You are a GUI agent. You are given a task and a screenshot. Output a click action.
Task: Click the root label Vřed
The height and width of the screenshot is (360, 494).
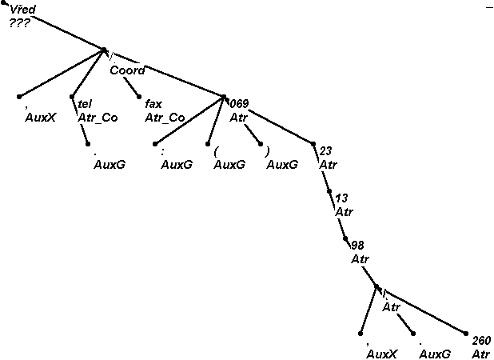coord(23,9)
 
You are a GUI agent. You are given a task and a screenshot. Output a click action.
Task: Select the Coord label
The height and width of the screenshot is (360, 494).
coord(127,70)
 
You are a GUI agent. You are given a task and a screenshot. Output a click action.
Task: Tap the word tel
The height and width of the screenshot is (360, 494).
coord(84,103)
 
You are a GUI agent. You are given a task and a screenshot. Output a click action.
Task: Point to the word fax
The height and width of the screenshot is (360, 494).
coord(153,103)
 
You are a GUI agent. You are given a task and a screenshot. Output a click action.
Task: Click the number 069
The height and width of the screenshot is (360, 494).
coord(240,103)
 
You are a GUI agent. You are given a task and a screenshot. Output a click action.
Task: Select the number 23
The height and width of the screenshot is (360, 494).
coord(325,150)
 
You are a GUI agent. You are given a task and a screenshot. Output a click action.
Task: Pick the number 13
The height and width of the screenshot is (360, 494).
coord(341,198)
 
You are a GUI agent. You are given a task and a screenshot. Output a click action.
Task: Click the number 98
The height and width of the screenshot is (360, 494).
coord(357,244)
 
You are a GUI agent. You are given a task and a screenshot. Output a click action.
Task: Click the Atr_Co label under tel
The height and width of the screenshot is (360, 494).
coord(98,118)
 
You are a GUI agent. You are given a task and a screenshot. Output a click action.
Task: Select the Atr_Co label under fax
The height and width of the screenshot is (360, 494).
coord(165,118)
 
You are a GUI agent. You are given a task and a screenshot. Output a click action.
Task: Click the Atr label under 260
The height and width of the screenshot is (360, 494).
coord(480,353)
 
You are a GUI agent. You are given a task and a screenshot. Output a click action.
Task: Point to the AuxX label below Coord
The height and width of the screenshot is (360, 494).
coord(39,118)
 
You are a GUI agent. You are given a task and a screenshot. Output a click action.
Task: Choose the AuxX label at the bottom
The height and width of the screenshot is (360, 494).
coord(381,353)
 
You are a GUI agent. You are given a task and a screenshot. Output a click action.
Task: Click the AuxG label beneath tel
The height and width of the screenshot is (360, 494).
coord(109,165)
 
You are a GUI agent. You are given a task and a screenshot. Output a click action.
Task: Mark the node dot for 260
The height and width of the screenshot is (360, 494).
coord(467,334)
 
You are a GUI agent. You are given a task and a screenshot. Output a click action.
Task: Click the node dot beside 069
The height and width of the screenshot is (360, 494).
coord(225,98)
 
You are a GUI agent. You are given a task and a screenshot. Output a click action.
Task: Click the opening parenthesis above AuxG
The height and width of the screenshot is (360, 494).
coord(216,150)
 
